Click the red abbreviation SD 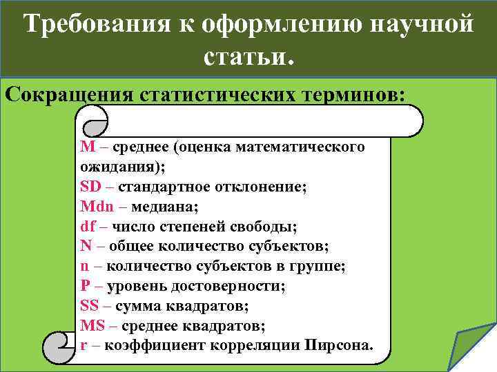click(89, 186)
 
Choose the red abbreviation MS click(91, 325)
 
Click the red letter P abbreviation click(85, 285)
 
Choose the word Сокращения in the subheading click(68, 94)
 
